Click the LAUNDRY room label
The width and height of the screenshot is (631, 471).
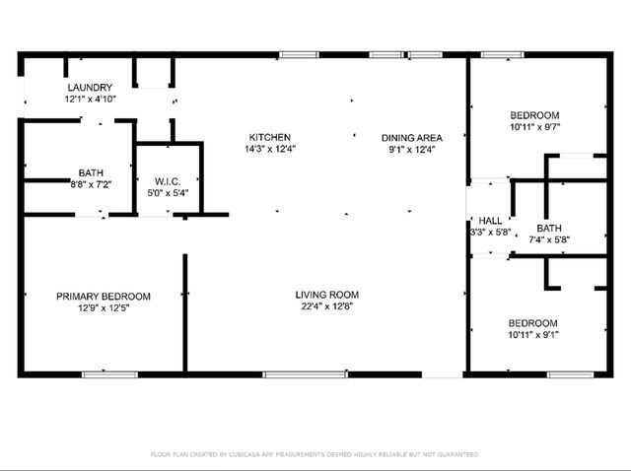click(x=89, y=87)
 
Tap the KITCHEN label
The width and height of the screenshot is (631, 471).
click(x=269, y=137)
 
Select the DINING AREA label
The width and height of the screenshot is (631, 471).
click(x=412, y=137)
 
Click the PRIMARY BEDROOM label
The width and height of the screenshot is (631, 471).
click(x=103, y=297)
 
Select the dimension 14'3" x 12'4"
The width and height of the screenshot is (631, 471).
click(x=269, y=150)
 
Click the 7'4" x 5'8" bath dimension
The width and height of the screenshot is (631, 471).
click(x=549, y=239)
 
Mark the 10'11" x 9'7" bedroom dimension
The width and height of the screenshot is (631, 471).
click(x=534, y=127)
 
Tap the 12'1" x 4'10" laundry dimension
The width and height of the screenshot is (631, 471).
click(x=90, y=100)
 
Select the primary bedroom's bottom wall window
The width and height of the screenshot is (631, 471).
click(x=108, y=374)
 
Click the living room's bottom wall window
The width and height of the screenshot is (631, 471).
click(x=291, y=374)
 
